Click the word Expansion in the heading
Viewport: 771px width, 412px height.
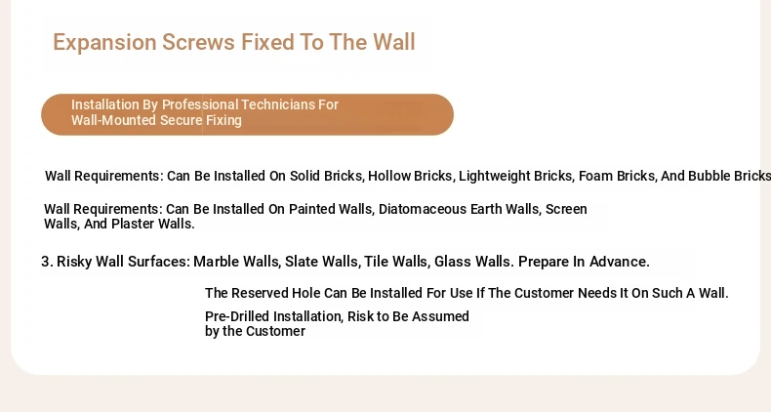point(104,43)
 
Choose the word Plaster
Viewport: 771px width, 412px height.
point(133,224)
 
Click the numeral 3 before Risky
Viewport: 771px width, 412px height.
point(45,262)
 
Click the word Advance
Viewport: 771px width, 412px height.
point(620,262)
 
